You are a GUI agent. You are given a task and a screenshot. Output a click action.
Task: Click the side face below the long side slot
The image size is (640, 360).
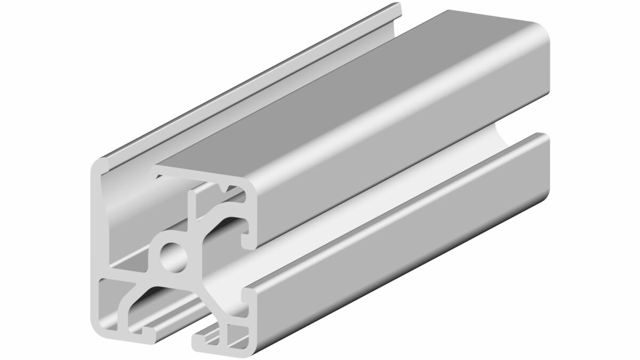point(405,235)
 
